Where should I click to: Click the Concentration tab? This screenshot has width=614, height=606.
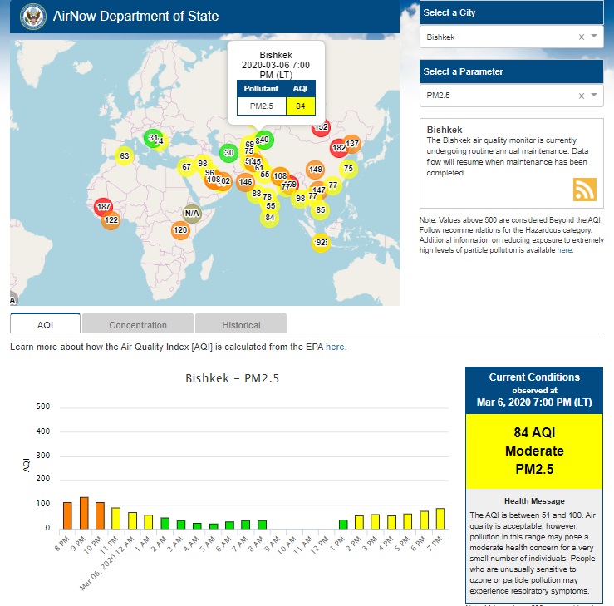(138, 325)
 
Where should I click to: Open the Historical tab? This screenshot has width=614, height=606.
(241, 325)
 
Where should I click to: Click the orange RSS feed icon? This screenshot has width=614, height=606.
(585, 190)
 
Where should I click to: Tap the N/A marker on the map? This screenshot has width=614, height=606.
(192, 214)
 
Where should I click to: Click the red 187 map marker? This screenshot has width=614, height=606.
(103, 207)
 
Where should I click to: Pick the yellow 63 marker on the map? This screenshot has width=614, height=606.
(124, 156)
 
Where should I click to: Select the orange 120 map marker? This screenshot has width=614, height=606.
(180, 230)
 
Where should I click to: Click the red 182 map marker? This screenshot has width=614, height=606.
(338, 149)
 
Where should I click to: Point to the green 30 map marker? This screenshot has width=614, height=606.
(228, 152)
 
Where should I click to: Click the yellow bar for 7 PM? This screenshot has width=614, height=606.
(440, 518)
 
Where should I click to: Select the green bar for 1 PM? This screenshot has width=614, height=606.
(343, 524)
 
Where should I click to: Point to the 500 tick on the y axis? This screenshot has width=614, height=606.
(43, 407)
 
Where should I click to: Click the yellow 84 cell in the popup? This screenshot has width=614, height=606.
(300, 106)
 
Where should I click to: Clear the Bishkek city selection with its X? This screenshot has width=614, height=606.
(582, 37)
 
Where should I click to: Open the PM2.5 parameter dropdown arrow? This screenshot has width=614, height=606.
(594, 96)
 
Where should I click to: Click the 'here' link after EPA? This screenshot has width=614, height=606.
(336, 347)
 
